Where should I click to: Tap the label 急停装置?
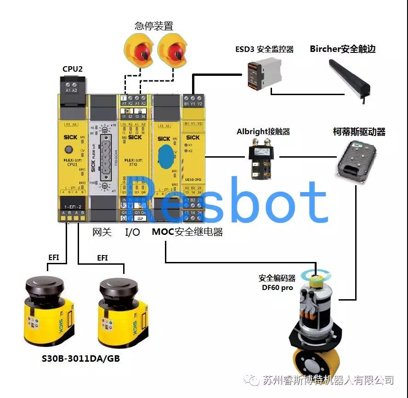(x=154, y=25)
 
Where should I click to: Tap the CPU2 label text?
(x=73, y=69)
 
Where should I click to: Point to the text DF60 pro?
(x=278, y=288)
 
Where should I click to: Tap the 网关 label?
(x=102, y=233)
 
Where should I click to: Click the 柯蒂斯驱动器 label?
(x=359, y=132)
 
